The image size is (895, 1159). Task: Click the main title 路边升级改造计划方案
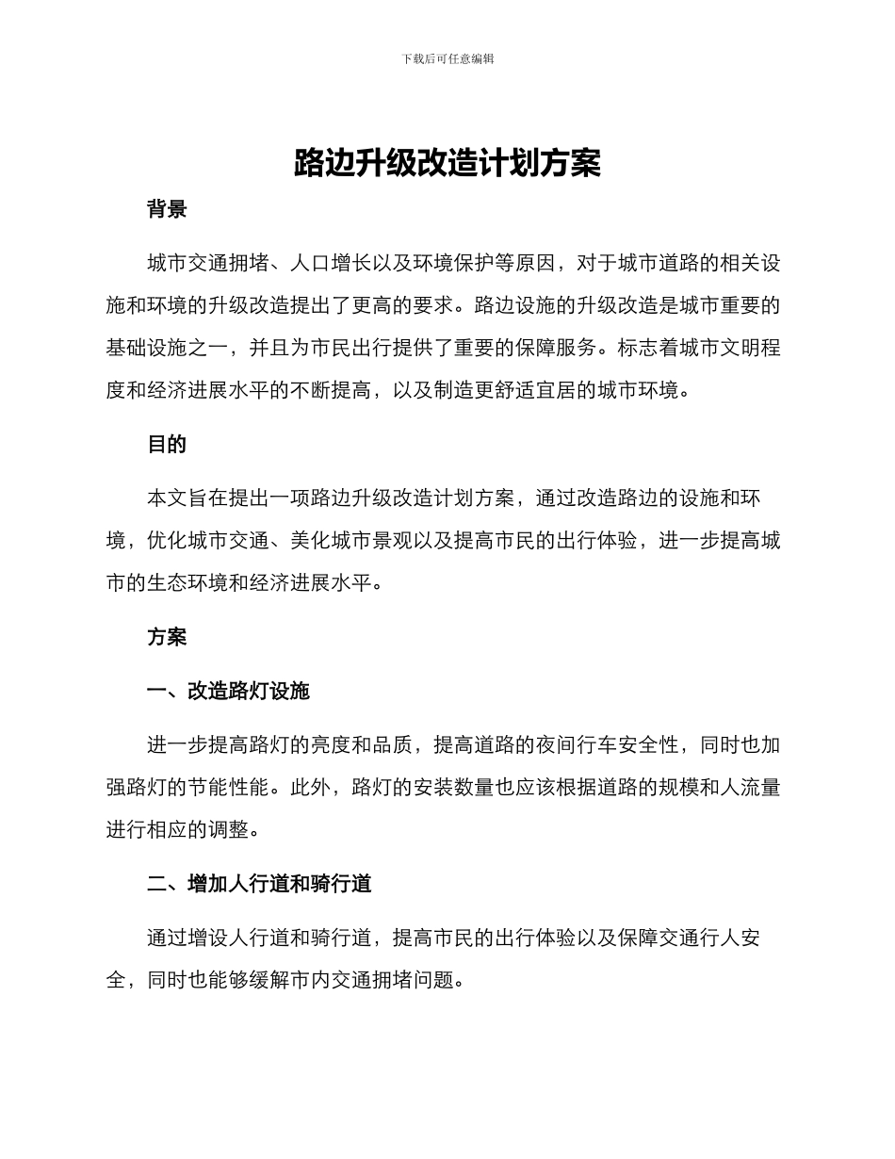[447, 163]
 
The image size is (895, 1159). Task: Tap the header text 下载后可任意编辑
[447, 58]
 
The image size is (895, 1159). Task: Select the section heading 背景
[167, 209]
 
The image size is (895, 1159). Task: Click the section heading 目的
[167, 445]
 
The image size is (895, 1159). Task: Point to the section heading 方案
[167, 637]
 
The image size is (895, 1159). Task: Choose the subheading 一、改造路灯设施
[228, 692]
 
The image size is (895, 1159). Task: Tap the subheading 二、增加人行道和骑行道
[259, 884]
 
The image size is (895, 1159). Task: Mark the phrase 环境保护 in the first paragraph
[473, 263]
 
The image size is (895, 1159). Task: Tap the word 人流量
[749, 788]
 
